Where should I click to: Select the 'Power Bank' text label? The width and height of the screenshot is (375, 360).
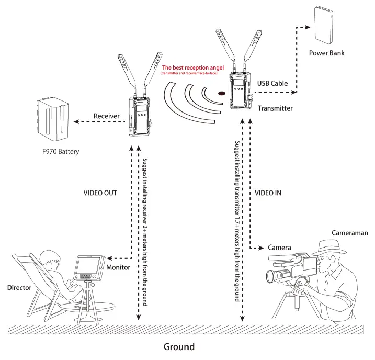pyautogui.click(x=327, y=53)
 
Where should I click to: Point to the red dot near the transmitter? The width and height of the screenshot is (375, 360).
pyautogui.click(x=221, y=94)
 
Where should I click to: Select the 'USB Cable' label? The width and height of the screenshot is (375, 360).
pyautogui.click(x=271, y=83)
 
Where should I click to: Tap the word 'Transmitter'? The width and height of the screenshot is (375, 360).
pyautogui.click(x=275, y=108)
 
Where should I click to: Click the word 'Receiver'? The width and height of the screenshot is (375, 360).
pyautogui.click(x=107, y=116)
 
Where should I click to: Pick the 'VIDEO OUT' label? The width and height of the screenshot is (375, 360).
pyautogui.click(x=100, y=193)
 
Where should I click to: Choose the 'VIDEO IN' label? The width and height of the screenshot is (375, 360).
pyautogui.click(x=268, y=193)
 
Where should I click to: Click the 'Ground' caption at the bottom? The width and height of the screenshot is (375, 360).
pyautogui.click(x=179, y=346)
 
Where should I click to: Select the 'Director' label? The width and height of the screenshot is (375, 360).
pyautogui.click(x=20, y=288)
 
